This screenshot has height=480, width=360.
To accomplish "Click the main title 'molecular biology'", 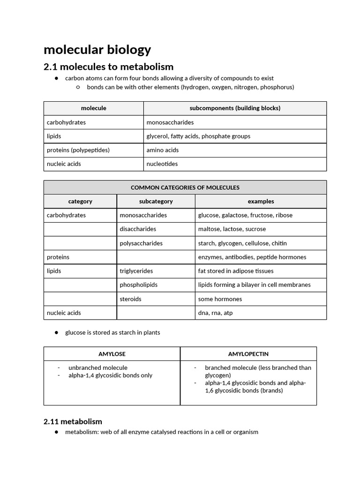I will pyautogui.click(x=97, y=50).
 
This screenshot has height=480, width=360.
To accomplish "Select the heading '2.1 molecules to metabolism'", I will pyautogui.click(x=108, y=67).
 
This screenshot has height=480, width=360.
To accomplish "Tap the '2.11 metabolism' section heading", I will pyautogui.click(x=73, y=421).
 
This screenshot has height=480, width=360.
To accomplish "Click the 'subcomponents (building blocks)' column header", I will pyautogui.click(x=235, y=108).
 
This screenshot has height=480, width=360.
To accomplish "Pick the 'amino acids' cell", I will pyautogui.click(x=162, y=150).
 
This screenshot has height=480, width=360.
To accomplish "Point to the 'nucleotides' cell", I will pyautogui.click(x=162, y=164).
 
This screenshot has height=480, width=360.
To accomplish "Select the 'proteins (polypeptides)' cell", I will pyautogui.click(x=78, y=150).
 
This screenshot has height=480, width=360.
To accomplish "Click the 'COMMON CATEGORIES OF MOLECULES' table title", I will pyautogui.click(x=185, y=187).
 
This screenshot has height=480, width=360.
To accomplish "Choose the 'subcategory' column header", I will pyautogui.click(x=156, y=202).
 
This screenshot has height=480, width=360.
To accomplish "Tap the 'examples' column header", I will pyautogui.click(x=261, y=202).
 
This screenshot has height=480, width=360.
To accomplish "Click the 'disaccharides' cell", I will pyautogui.click(x=138, y=229).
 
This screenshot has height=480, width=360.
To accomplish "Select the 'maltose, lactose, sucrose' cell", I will pyautogui.click(x=232, y=229).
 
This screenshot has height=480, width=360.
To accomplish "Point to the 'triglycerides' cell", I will pyautogui.click(x=136, y=271).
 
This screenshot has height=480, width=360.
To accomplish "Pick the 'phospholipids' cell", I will pyautogui.click(x=138, y=285).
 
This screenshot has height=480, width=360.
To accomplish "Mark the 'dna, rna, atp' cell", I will pyautogui.click(x=215, y=313).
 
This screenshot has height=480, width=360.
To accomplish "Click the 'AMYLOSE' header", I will pyautogui.click(x=112, y=354).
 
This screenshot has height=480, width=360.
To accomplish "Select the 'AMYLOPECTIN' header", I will pyautogui.click(x=248, y=354).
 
